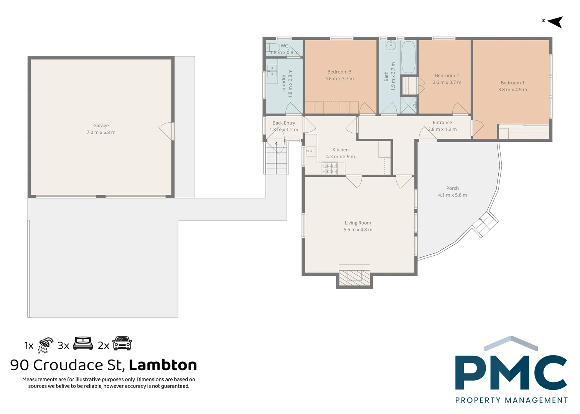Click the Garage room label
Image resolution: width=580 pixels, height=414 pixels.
click(101, 126)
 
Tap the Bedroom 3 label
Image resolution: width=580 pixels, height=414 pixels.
click(339, 72)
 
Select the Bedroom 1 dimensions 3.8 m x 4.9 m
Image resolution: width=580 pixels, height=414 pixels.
click(512, 90)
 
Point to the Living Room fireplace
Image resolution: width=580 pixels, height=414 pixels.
click(354, 277)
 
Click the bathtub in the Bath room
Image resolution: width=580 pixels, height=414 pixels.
click(408, 58)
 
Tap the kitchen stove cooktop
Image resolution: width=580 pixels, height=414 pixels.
click(329, 168)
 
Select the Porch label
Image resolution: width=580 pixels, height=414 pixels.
click(452, 188)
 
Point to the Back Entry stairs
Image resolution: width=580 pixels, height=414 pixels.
click(276, 159)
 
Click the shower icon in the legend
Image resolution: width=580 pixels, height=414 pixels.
click(45, 345)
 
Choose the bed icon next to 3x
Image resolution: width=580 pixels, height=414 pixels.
click(83, 343)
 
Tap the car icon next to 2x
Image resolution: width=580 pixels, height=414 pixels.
click(122, 343)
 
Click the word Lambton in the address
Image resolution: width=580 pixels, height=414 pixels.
click(163, 365)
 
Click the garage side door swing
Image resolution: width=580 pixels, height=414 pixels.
click(166, 131)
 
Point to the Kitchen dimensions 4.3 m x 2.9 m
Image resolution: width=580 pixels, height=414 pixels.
click(340, 157)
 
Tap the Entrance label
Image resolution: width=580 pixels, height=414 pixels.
click(442, 123)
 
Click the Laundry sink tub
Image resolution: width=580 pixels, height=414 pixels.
click(272, 72)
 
